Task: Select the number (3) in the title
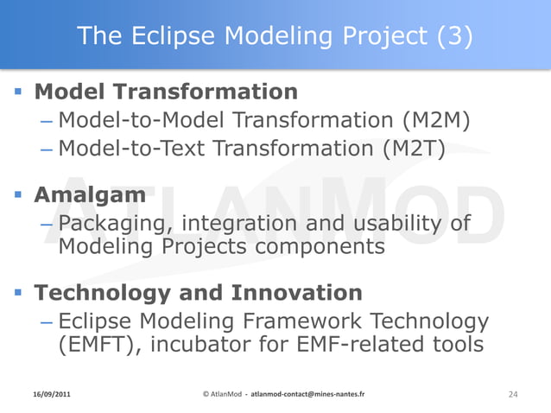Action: click(454, 36)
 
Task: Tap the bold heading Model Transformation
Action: click(166, 91)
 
